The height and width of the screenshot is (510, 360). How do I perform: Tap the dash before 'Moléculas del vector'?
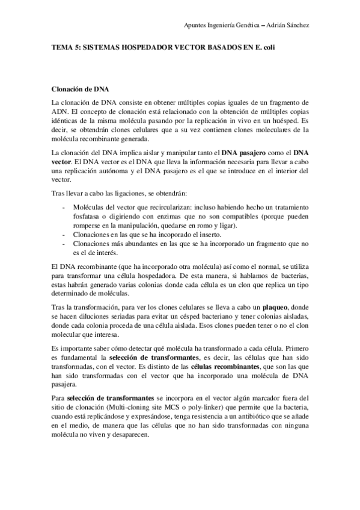(65, 205)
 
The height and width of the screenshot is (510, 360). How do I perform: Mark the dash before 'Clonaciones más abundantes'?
(65, 243)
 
